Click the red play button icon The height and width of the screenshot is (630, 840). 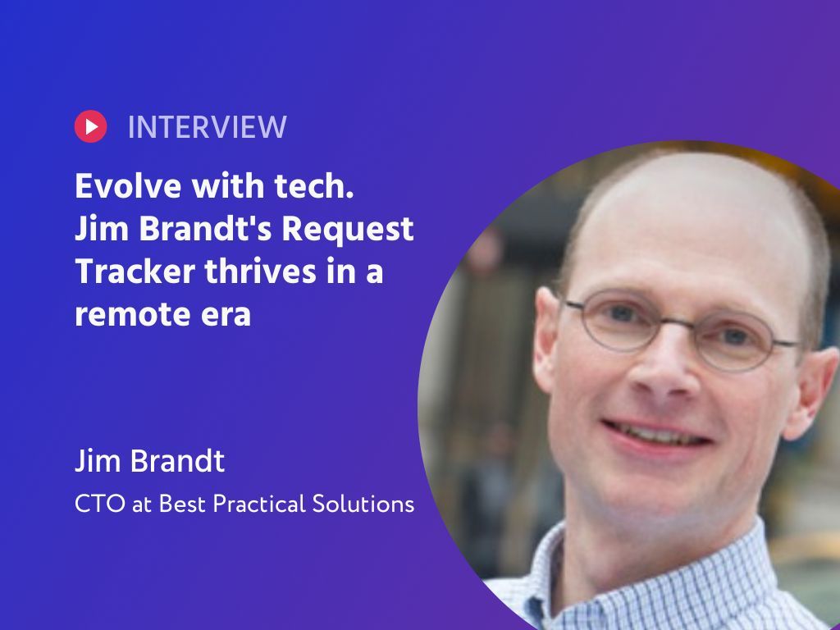pyautogui.click(x=90, y=126)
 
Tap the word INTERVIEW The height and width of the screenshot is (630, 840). pyautogui.click(x=207, y=127)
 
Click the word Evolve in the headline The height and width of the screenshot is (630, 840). pyautogui.click(x=129, y=187)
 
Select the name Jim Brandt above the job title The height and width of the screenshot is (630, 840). pyautogui.click(x=149, y=462)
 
